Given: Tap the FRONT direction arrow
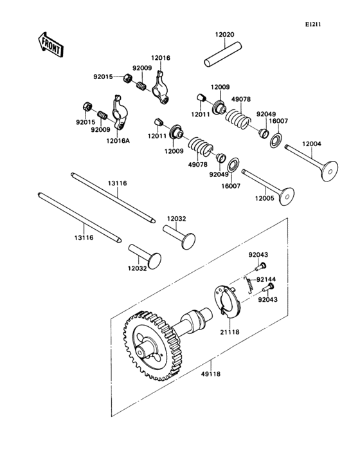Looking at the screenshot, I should click(50, 43).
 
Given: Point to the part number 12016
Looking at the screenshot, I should click(161, 58).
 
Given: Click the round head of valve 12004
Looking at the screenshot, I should click(330, 171).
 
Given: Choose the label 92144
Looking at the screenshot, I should click(266, 280).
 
